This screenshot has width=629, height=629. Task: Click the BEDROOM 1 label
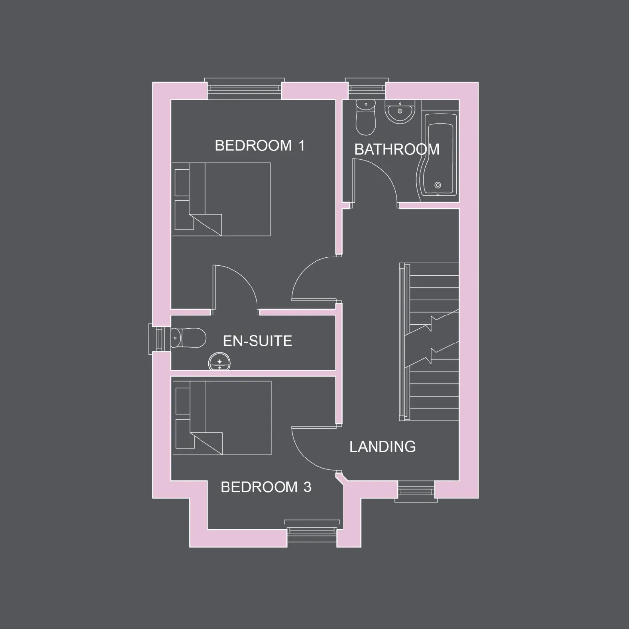click(x=259, y=145)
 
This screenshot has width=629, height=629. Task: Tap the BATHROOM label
click(x=397, y=149)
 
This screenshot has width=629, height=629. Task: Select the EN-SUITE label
click(x=257, y=341)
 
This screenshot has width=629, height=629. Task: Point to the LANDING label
click(x=382, y=447)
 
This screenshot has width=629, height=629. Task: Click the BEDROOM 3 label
click(x=266, y=487)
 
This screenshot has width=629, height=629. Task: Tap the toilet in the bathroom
click(x=366, y=117)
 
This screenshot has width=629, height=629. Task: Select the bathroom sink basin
click(x=400, y=112)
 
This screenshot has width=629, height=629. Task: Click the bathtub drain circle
click(x=438, y=185)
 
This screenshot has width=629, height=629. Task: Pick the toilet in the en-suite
click(x=188, y=338)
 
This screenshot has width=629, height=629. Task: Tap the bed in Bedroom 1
click(x=221, y=199)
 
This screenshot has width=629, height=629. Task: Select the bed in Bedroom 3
click(x=222, y=418)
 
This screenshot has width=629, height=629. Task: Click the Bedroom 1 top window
click(x=244, y=88)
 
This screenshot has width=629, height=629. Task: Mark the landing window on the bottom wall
click(x=416, y=492)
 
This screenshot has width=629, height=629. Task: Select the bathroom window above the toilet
click(x=367, y=88)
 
